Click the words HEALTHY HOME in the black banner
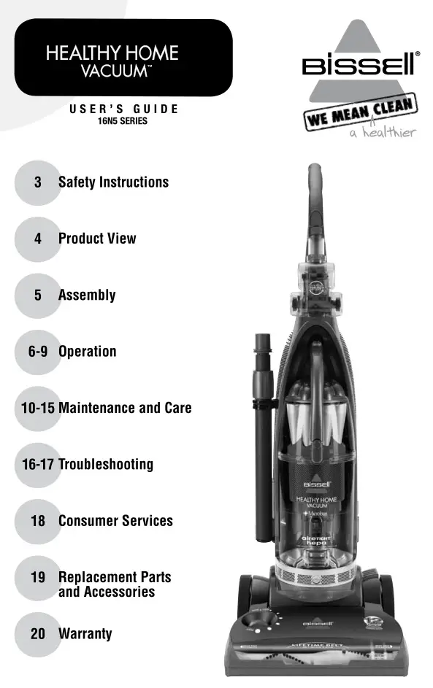pos(112,53)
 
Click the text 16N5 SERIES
pos(123,121)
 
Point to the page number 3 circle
pos(37,182)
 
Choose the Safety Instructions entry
pos(113,182)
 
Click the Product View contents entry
pos(97,239)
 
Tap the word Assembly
pos(87,295)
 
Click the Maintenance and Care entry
pos(125,408)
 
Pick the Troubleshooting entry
pos(106,464)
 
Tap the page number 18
pos(38,521)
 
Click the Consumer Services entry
pos(115,521)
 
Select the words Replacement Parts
pos(115,577)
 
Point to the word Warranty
pos(85,633)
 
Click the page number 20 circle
pos(38,633)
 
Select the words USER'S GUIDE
pos(123,109)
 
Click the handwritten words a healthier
pos(383,133)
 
